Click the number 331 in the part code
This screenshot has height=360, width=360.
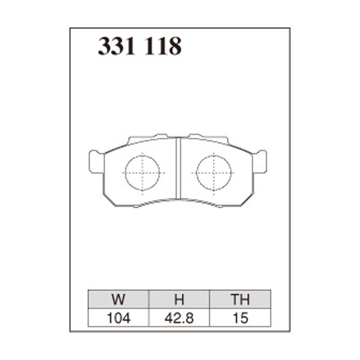pyautogui.click(x=117, y=46)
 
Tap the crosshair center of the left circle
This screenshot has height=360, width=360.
pyautogui.click(x=142, y=172)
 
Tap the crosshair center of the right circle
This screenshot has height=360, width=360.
pyautogui.click(x=214, y=172)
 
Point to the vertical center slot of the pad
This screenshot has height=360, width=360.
pyautogui.click(x=178, y=169)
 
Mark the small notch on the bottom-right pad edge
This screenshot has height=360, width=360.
pyautogui.click(x=220, y=206)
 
